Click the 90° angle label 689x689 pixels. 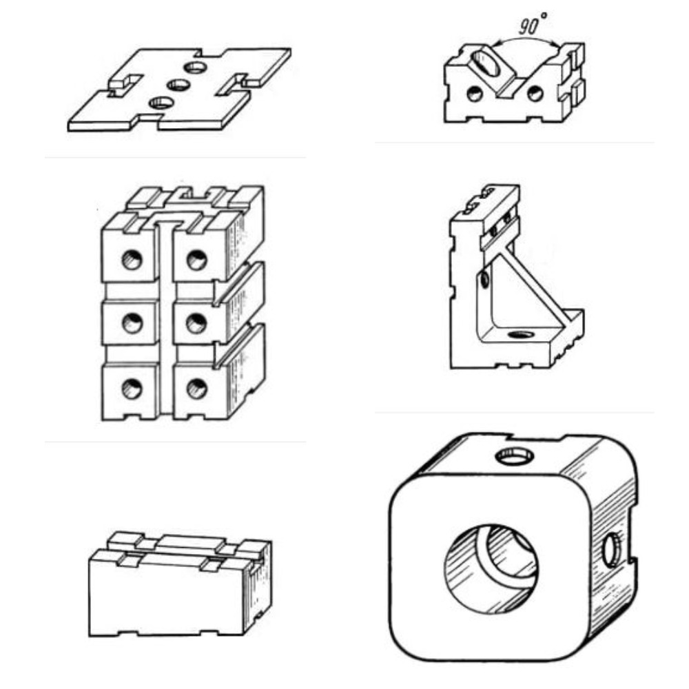click(x=533, y=23)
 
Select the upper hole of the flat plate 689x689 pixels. click(x=196, y=68)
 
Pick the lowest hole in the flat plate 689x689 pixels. click(x=161, y=103)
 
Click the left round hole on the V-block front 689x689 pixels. click(x=474, y=93)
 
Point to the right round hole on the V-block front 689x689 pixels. click(x=535, y=93)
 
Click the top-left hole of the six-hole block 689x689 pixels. click(x=132, y=259)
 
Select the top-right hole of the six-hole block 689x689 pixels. click(x=197, y=259)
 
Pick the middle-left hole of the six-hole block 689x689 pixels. click(x=132, y=323)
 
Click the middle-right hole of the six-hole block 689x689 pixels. click(x=196, y=323)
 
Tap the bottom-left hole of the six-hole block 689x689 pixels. click(x=132, y=389)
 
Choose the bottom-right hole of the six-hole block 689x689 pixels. click(x=197, y=389)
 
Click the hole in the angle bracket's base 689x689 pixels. click(x=521, y=336)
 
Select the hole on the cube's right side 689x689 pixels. click(x=610, y=550)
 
